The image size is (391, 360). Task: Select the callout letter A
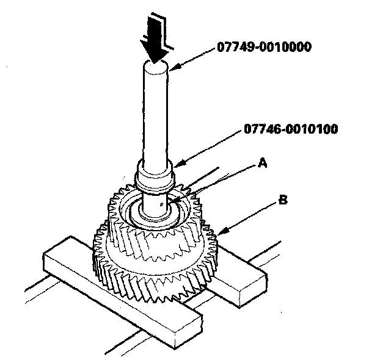tap(262, 162)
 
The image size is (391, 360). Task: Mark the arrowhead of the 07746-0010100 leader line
tap(175, 165)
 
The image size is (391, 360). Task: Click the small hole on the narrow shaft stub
tap(159, 205)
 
